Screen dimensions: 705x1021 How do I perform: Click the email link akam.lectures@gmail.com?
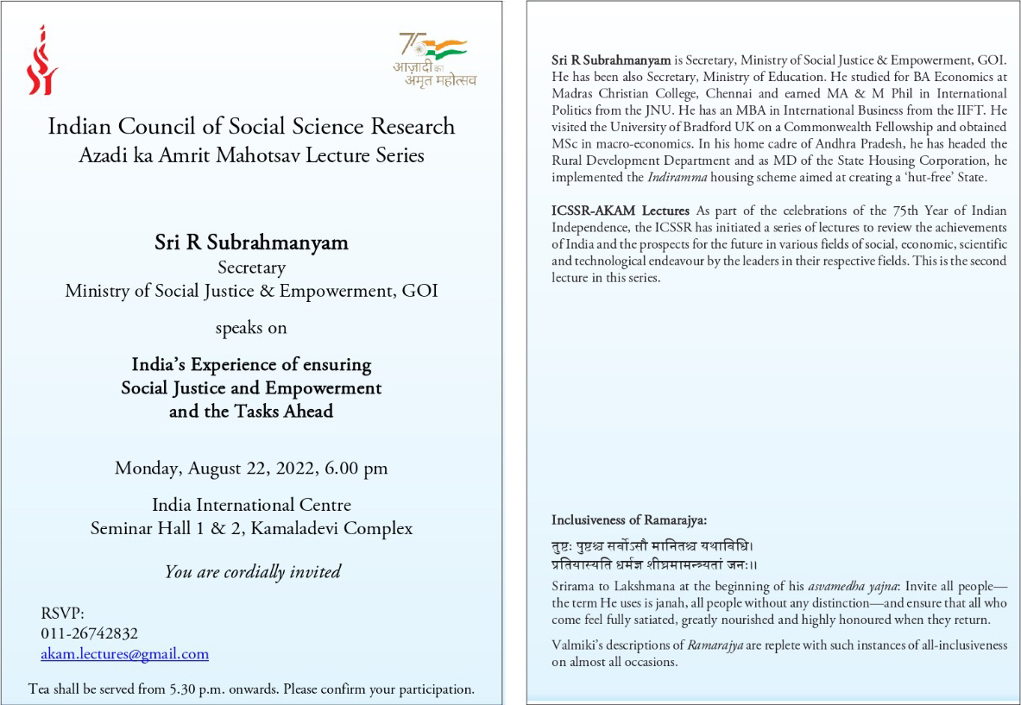click(124, 654)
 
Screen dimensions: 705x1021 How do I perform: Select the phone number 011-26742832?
click(89, 633)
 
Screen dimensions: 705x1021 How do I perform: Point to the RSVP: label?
click(62, 614)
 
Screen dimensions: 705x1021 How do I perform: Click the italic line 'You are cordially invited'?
click(252, 571)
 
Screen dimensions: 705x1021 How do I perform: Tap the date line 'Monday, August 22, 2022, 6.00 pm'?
click(251, 469)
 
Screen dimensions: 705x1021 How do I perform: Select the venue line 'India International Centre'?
click(251, 505)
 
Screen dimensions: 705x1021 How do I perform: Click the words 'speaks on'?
click(251, 328)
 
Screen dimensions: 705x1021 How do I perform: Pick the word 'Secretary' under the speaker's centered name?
click(251, 268)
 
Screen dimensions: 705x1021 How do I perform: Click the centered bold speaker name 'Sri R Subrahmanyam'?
click(251, 242)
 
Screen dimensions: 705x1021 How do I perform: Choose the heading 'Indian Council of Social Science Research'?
click(251, 126)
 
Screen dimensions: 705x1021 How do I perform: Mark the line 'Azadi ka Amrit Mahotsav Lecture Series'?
click(251, 155)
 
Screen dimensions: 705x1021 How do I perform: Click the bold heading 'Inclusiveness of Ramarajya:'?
click(629, 519)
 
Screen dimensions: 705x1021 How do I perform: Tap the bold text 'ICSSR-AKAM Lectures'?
click(621, 211)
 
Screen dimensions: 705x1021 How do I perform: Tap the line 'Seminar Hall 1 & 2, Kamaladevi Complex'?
click(251, 528)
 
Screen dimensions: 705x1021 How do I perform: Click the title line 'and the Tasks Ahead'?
click(251, 412)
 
